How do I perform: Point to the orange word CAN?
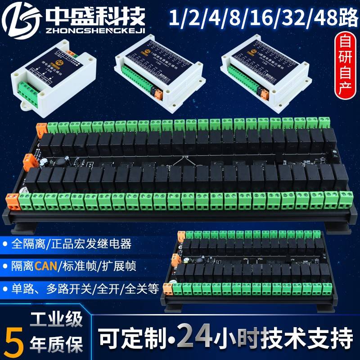[45, 266]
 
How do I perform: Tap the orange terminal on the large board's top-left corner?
[41, 128]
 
